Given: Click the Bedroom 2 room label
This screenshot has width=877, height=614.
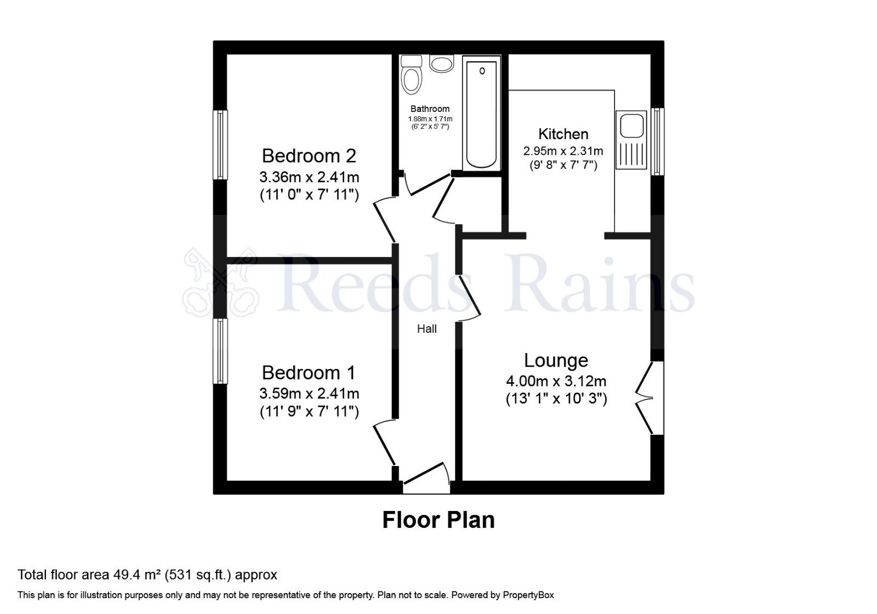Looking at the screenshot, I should click(309, 156).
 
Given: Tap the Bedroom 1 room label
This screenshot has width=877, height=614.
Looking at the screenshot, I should click(309, 373).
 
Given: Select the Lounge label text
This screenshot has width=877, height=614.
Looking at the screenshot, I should click(556, 360).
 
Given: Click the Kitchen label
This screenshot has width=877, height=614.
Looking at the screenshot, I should click(563, 134).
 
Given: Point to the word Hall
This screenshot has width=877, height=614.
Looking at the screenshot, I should click(427, 329).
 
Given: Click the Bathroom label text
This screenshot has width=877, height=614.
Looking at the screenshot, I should click(430, 109).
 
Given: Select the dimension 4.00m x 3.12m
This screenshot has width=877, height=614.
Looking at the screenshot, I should click(556, 381).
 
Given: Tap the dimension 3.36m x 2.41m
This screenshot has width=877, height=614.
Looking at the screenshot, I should click(309, 177).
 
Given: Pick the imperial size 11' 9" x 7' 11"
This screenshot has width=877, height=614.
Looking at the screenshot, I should click(309, 412).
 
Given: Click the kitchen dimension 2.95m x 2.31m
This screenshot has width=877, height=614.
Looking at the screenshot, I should click(563, 151).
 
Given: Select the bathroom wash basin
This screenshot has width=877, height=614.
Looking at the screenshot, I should click(442, 64).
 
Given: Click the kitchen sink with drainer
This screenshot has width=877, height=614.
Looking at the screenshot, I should click(631, 139).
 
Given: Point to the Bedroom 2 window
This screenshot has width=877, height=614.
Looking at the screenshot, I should click(220, 145).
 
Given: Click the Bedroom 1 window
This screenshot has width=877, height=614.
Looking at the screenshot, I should click(220, 351).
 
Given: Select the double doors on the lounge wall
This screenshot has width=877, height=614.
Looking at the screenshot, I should click(647, 398).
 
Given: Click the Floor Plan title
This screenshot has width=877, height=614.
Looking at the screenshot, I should click(438, 520).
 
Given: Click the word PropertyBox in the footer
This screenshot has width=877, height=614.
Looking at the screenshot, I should click(528, 595).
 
